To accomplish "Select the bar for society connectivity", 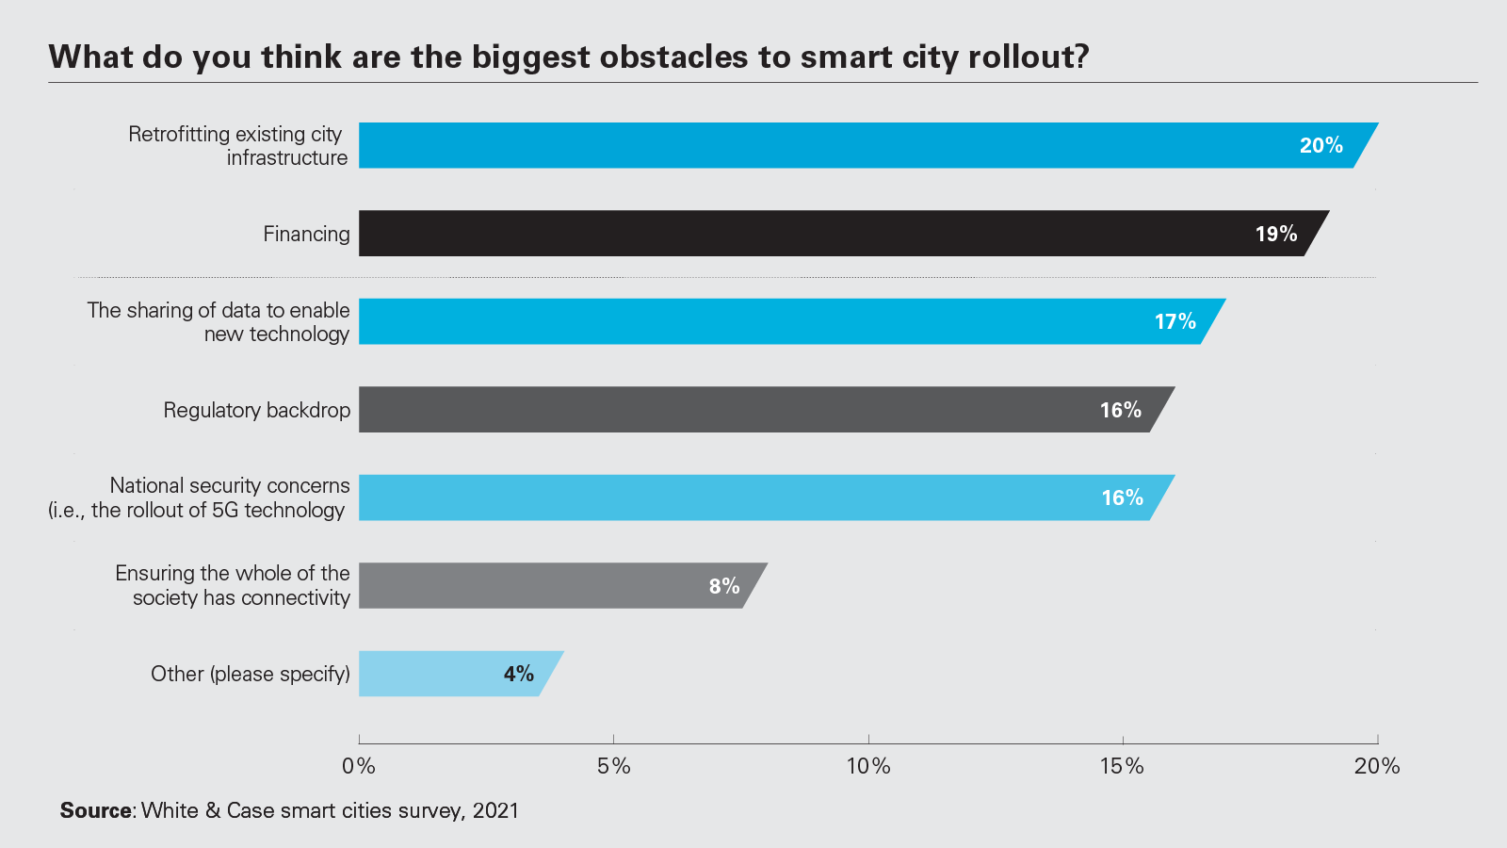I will pyautogui.click(x=527, y=585).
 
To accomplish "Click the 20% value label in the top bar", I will pyautogui.click(x=1321, y=145).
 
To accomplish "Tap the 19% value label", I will pyautogui.click(x=1276, y=234).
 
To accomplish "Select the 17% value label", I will pyautogui.click(x=1175, y=321).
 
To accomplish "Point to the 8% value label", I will pyautogui.click(x=724, y=586).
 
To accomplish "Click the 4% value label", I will pyautogui.click(x=519, y=674).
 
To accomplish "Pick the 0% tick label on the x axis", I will pyautogui.click(x=359, y=766).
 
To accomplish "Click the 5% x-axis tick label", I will pyautogui.click(x=614, y=766).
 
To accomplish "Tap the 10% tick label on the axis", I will pyautogui.click(x=868, y=766).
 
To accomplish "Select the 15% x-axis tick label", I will pyautogui.click(x=1123, y=766).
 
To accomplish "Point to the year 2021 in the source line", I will pyautogui.click(x=495, y=810).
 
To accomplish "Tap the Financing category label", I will pyautogui.click(x=306, y=234).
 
